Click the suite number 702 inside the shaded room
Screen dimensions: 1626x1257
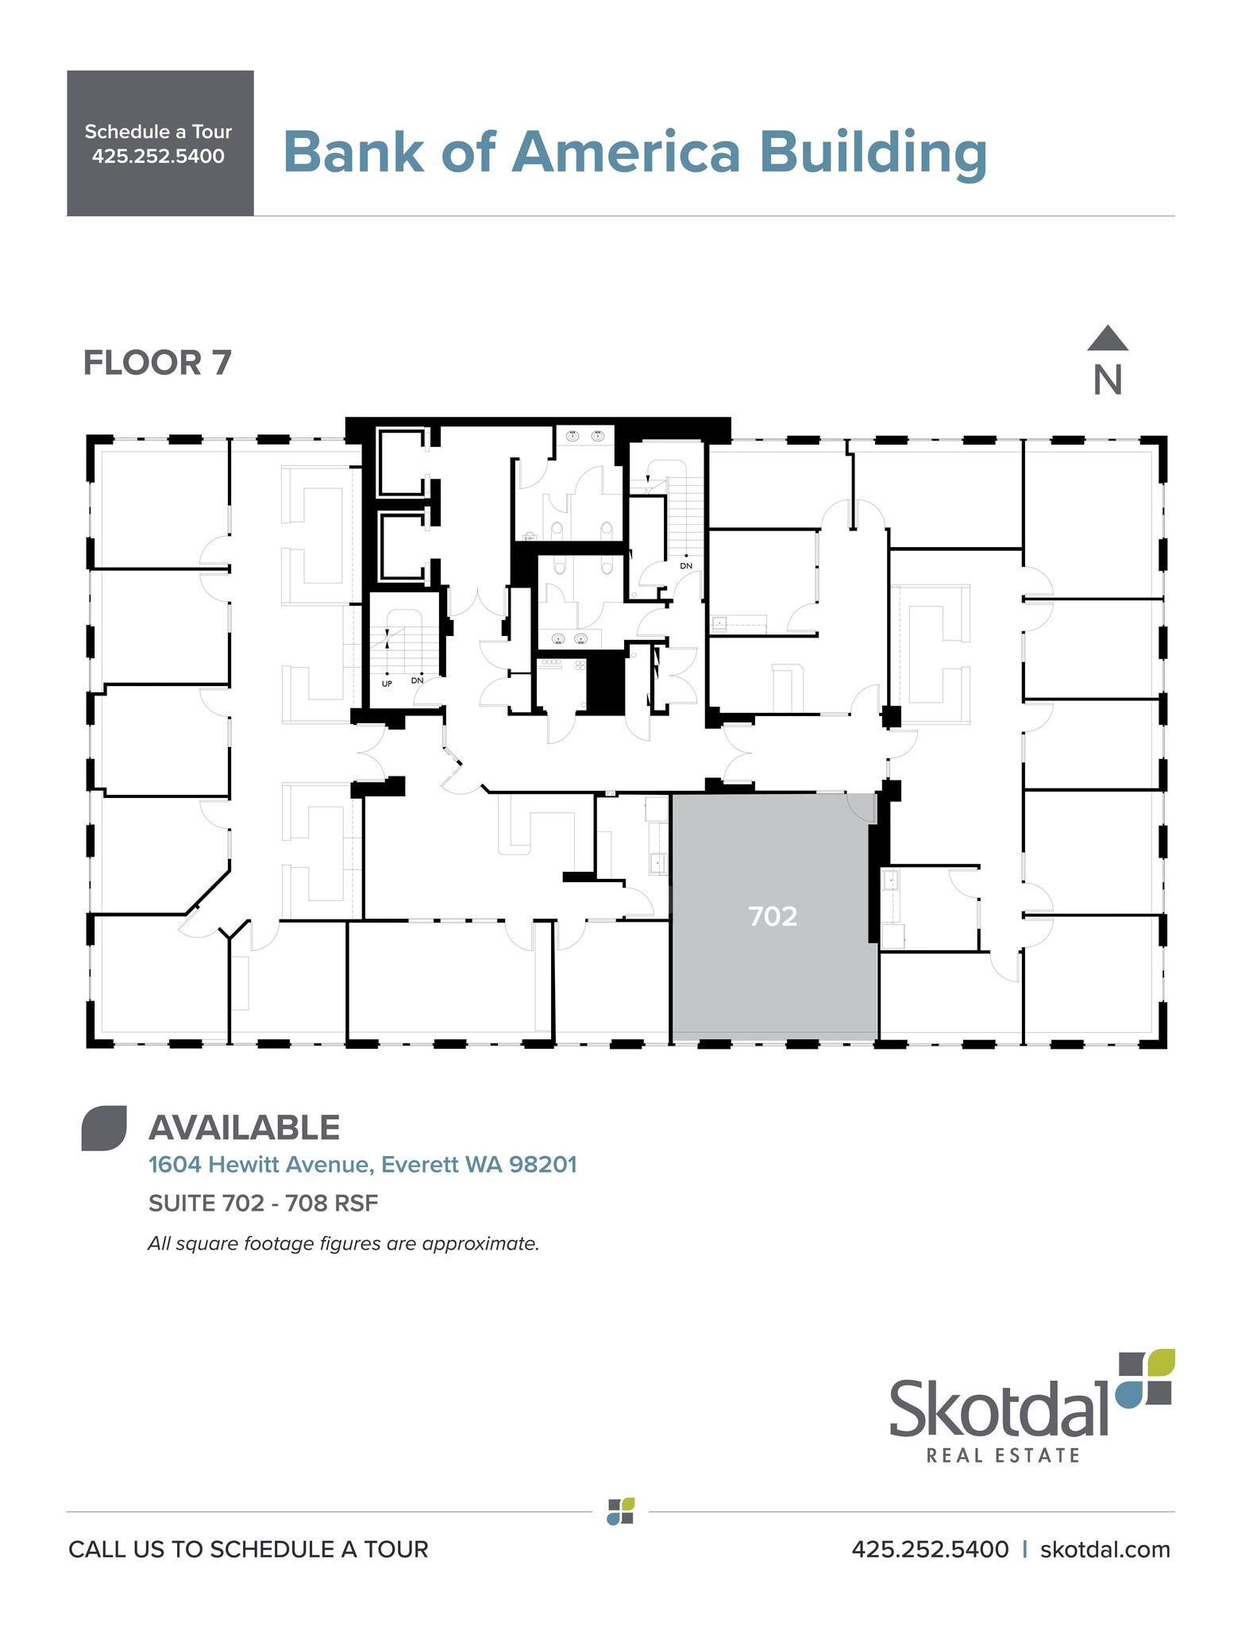click(x=772, y=916)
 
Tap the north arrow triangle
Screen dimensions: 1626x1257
click(x=1107, y=340)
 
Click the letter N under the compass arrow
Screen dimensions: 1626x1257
click(x=1107, y=380)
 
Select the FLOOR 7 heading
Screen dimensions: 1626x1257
click(x=157, y=363)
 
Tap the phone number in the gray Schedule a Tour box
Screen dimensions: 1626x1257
click(x=158, y=156)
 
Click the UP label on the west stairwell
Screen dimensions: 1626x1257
click(x=387, y=683)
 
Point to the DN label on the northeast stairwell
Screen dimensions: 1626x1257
click(x=686, y=565)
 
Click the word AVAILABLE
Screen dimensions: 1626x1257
click(x=245, y=1127)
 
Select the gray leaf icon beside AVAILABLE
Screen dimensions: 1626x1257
click(x=104, y=1127)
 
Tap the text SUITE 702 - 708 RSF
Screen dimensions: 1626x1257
click(x=263, y=1204)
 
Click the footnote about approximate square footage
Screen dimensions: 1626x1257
click(x=343, y=1243)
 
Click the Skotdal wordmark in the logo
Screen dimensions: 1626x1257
click(x=998, y=1408)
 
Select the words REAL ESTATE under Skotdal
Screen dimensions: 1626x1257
click(x=1003, y=1455)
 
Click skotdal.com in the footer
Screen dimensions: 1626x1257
click(x=1105, y=1549)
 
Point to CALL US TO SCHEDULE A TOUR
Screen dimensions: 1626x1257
click(x=248, y=1549)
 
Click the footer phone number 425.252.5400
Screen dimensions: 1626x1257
click(x=930, y=1549)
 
